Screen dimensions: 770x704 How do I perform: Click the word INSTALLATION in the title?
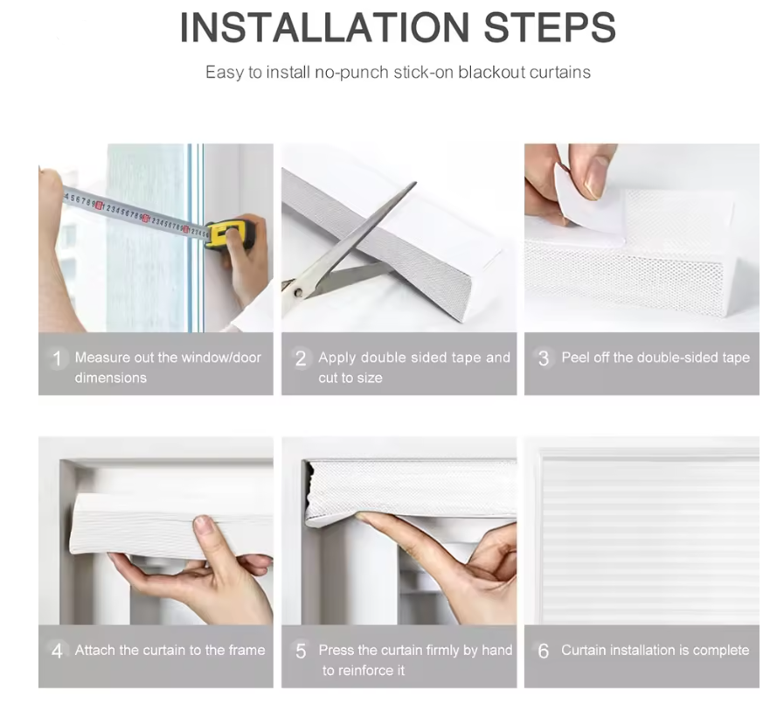coord(324,27)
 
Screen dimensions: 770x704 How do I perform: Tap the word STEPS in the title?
coord(550,27)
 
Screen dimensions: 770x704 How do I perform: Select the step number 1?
coord(58,359)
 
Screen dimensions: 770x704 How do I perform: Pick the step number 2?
coord(301,359)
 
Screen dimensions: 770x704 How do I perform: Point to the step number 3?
coord(543,359)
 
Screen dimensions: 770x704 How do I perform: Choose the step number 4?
coord(57,651)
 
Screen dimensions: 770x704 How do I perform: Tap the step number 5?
coord(301,651)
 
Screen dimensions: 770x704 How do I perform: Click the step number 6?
coord(543,651)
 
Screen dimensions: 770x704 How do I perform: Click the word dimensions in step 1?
coord(111,378)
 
